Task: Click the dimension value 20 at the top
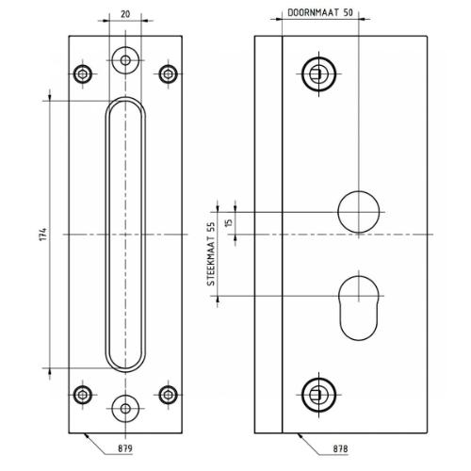[x=125, y=14]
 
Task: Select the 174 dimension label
[x=43, y=235]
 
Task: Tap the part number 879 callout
[x=125, y=448]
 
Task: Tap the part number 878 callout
[x=340, y=449]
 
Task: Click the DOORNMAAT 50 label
[x=320, y=12]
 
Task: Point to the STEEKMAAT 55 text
[x=211, y=253]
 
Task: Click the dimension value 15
[x=229, y=222]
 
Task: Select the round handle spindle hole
[x=359, y=212]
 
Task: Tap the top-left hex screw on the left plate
[x=83, y=74]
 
